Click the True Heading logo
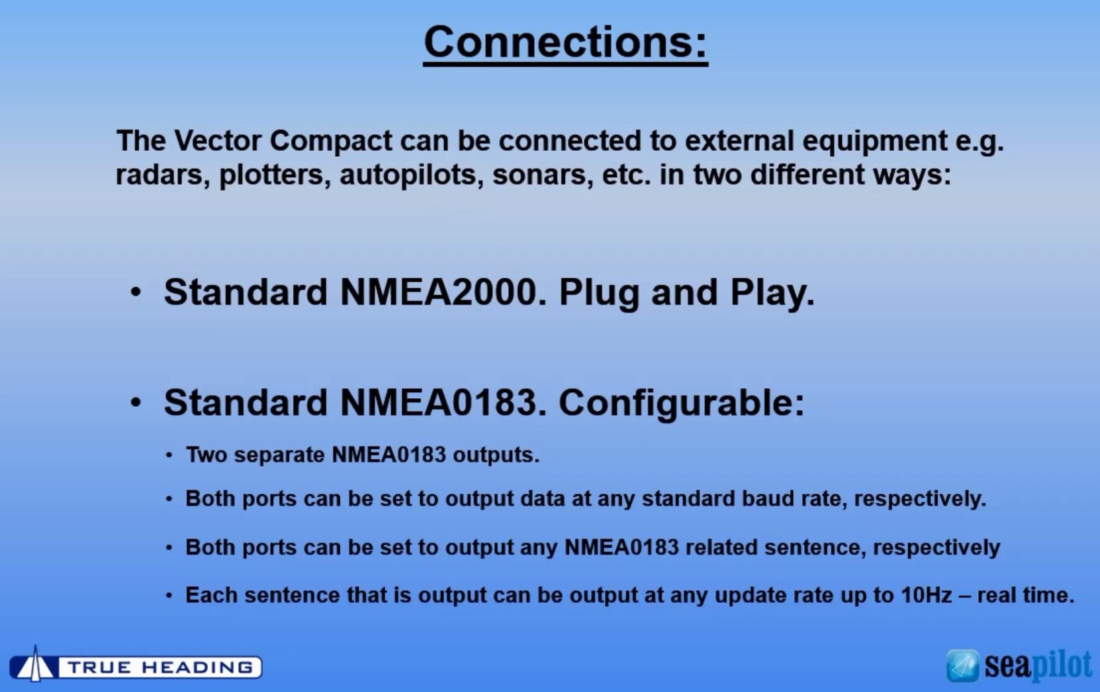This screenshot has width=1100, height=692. point(136,666)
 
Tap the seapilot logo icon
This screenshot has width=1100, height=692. point(962,666)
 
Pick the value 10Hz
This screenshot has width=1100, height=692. point(926,595)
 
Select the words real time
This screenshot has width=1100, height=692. point(1025,595)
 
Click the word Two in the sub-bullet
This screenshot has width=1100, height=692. point(206,454)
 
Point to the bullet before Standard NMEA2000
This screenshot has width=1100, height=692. point(136,293)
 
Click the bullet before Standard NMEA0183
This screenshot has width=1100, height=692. point(136,404)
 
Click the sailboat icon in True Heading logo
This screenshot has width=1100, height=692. point(34,664)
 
